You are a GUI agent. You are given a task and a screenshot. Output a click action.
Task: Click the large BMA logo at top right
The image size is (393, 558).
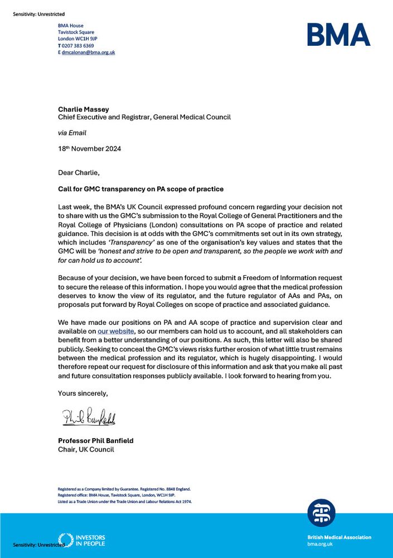(338, 35)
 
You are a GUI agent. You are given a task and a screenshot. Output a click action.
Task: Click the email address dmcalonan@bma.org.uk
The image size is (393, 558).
(88, 52)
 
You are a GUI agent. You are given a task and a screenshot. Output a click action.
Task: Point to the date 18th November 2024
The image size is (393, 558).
(89, 149)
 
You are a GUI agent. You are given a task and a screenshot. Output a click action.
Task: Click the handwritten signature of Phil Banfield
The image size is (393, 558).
(89, 417)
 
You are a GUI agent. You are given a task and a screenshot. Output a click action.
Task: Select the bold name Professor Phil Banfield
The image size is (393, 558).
(95, 441)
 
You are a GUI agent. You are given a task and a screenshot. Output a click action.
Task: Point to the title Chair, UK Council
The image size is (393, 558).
(86, 449)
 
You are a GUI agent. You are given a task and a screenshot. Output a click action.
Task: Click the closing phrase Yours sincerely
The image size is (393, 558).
(83, 393)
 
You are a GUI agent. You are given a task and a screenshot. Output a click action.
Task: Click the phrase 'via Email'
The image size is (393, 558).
(72, 133)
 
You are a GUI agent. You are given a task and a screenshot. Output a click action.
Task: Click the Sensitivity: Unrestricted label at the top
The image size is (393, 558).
(38, 13)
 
